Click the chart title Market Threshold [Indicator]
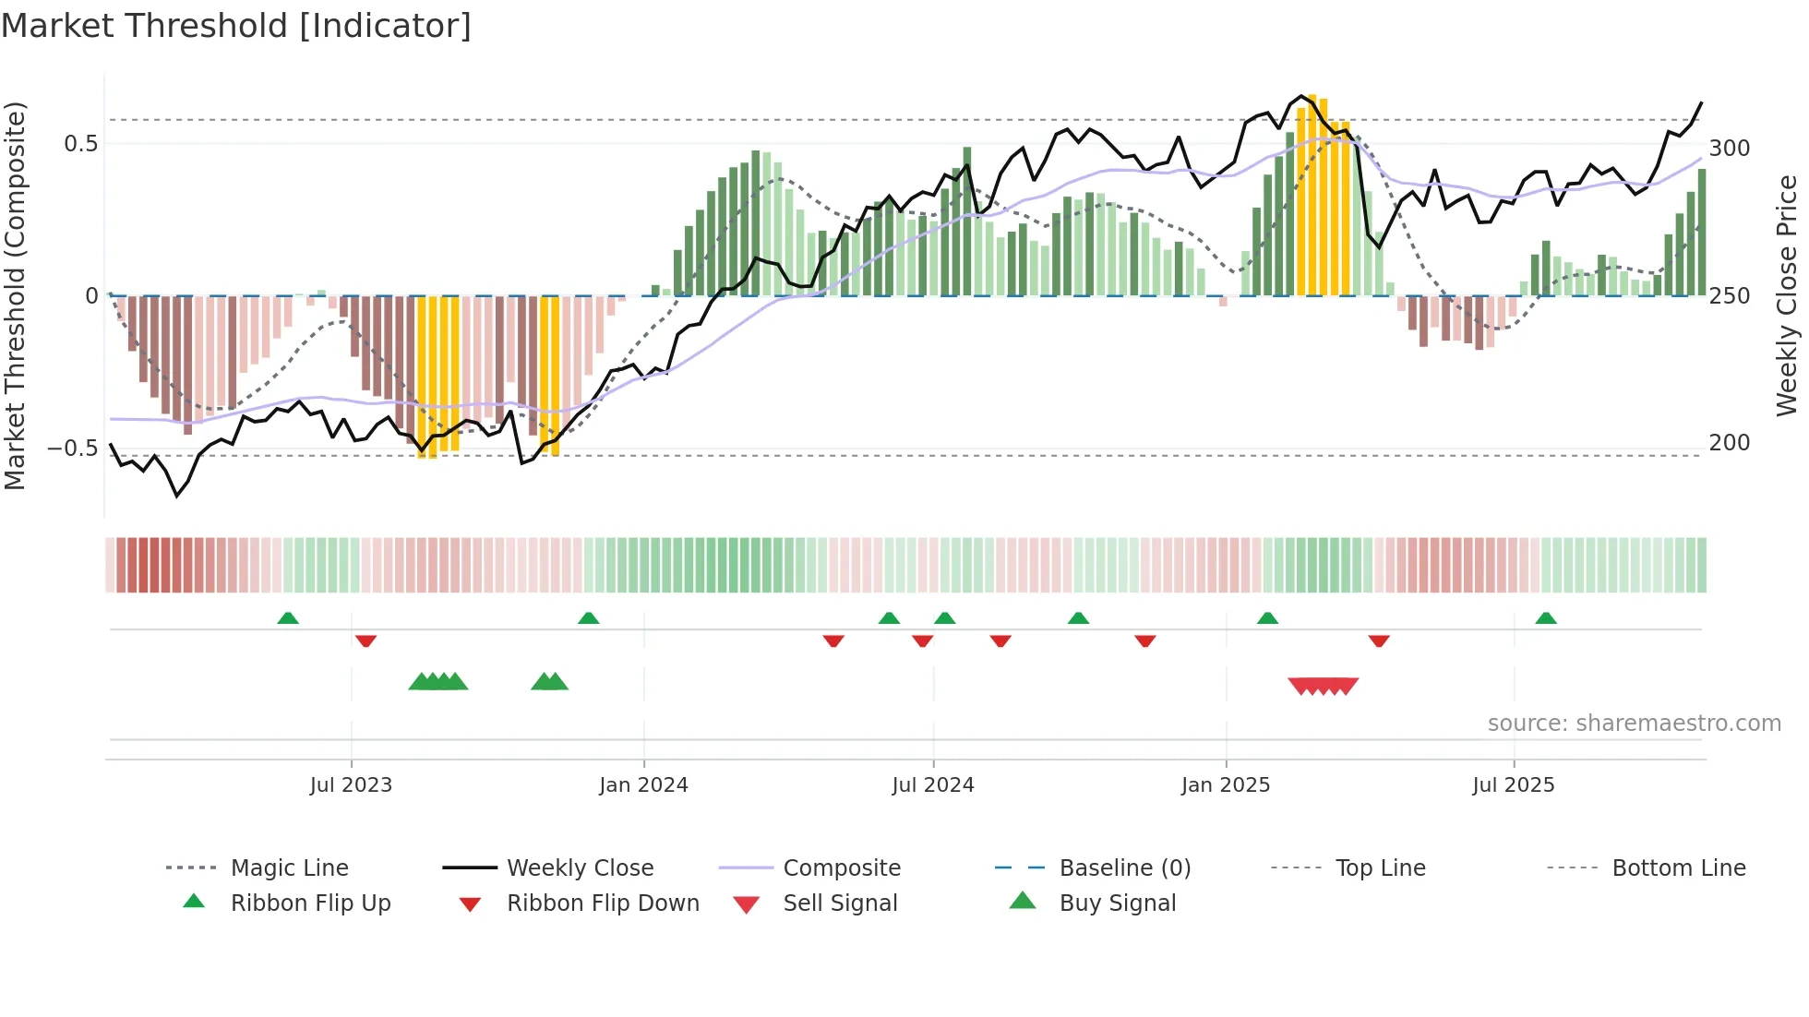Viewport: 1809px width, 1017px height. (236, 26)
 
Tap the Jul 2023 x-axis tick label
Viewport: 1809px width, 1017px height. (351, 785)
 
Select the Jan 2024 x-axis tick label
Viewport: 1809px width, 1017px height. (643, 785)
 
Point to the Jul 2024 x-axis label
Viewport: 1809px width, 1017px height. (932, 785)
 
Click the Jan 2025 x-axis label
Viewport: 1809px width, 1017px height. (1226, 785)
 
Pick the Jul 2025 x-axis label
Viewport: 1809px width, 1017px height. (1513, 785)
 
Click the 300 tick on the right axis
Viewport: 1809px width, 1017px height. (1729, 149)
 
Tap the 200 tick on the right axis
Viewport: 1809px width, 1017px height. (1729, 443)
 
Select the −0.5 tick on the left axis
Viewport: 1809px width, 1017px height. (72, 449)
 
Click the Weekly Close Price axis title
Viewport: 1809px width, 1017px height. (1787, 295)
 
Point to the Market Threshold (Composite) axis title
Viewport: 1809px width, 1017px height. (15, 295)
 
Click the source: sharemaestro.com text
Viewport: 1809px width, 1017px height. (1634, 724)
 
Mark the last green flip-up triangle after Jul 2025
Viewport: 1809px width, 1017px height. (1546, 618)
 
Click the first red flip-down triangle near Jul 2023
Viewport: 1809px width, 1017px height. (365, 640)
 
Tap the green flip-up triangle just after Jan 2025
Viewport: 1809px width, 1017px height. (1267, 618)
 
